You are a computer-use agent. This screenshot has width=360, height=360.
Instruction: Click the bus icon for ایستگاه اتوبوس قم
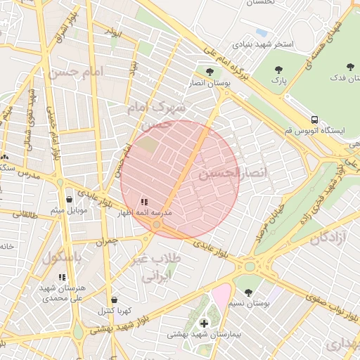pos(314,120)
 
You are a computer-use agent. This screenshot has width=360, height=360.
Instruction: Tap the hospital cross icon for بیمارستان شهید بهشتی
pos(204,323)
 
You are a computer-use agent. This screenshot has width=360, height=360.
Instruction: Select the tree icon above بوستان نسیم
pos(247,292)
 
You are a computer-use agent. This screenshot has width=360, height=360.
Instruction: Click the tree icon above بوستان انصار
pos(209,72)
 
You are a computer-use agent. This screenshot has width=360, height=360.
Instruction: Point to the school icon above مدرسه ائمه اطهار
pos(144,202)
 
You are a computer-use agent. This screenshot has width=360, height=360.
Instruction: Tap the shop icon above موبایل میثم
pos(68,200)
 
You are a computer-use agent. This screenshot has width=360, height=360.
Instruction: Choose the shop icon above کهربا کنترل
pos(114,300)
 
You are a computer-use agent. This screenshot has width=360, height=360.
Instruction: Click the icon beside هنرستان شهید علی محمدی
pos(62,278)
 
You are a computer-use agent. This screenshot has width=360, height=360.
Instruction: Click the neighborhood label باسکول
pos(62,257)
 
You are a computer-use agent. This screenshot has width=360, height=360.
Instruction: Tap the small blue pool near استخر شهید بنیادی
pos(262,32)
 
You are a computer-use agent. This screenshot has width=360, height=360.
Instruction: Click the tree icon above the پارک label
pos(279,69)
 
